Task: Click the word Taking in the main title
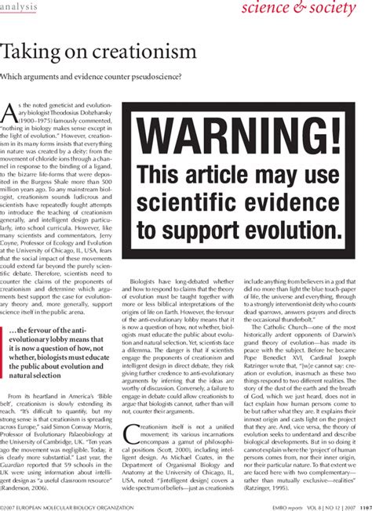tap(26, 53)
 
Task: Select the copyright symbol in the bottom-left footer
tap(3, 505)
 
